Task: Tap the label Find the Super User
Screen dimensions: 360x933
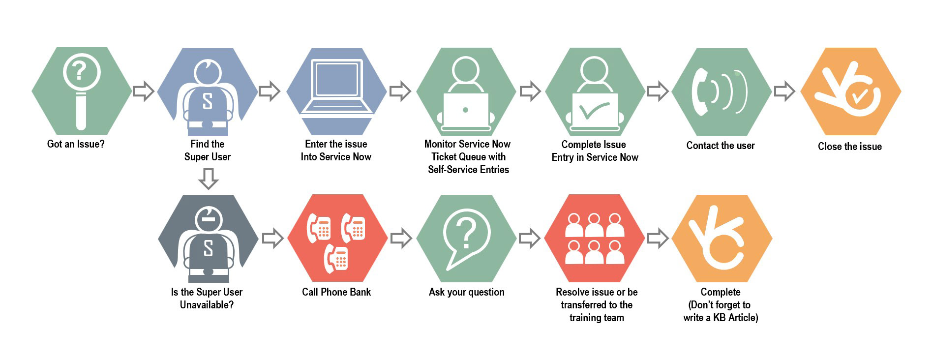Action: [207, 150]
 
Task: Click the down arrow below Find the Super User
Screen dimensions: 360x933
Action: [209, 179]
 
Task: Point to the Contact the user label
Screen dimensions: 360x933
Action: [720, 146]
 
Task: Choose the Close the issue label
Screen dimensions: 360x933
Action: [849, 147]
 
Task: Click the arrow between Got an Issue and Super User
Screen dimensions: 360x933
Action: [144, 91]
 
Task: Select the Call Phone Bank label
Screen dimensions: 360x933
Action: [336, 292]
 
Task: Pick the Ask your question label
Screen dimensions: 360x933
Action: [466, 292]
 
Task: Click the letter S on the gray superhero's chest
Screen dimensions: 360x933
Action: [208, 248]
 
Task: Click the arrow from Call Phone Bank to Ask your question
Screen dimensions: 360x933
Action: [401, 238]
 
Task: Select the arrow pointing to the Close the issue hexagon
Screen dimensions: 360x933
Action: [784, 91]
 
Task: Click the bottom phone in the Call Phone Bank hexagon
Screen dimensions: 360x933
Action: [336, 259]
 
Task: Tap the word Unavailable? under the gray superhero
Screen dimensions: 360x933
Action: [207, 305]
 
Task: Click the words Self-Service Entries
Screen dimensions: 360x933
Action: [468, 170]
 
